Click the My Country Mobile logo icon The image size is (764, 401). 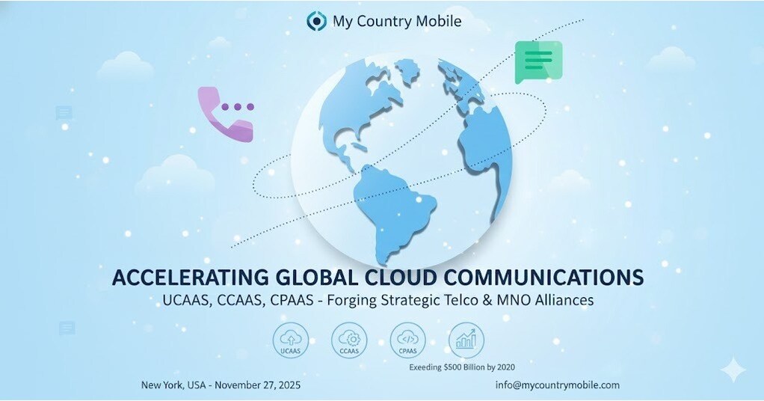(x=316, y=21)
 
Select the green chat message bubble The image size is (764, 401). (x=538, y=61)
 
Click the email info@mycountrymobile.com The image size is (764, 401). (x=557, y=385)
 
